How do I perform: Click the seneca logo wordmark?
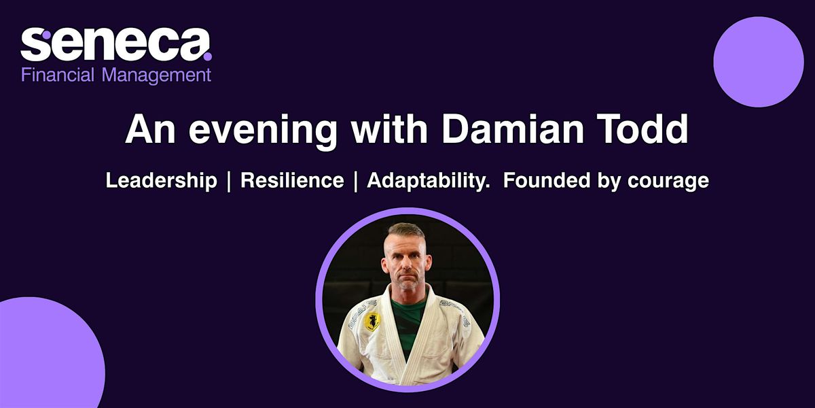point(116,44)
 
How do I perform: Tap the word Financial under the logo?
point(58,75)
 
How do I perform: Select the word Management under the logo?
point(156,76)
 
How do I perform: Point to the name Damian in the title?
point(513,129)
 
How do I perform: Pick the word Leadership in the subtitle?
point(161,181)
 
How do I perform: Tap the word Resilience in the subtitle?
point(292,180)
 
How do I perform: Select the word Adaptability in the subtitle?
point(427,181)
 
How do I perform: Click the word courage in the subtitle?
point(668,182)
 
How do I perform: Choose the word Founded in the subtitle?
point(547,180)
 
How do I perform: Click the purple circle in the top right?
point(759,62)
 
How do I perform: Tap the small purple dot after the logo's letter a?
point(208,56)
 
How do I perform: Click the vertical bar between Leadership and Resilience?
point(229,181)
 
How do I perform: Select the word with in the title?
point(389,129)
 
